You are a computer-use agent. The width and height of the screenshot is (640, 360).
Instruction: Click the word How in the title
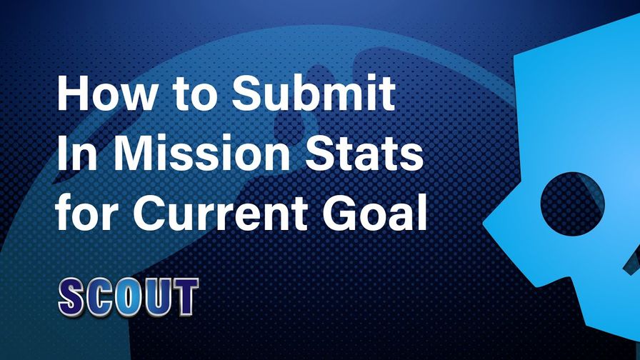pyautogui.click(x=106, y=93)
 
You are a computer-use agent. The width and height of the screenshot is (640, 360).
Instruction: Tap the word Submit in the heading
pyautogui.click(x=314, y=93)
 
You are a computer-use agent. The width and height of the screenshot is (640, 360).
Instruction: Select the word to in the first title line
pyautogui.click(x=194, y=95)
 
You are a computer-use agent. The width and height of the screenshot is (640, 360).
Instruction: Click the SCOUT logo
pyautogui.click(x=128, y=297)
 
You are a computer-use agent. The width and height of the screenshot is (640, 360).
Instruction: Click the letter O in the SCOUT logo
pyautogui.click(x=129, y=298)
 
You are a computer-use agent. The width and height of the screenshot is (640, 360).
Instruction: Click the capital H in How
pyautogui.click(x=73, y=93)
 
